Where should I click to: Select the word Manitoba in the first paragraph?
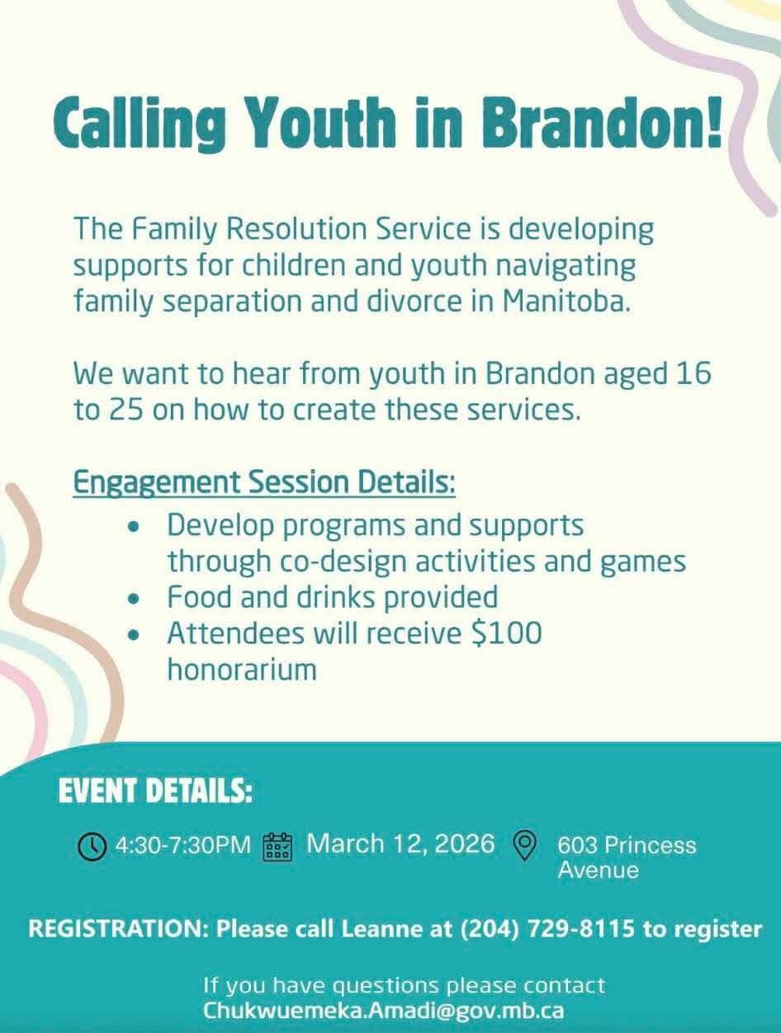566,301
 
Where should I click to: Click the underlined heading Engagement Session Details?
264,482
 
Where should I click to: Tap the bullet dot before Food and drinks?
134,599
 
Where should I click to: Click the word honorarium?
242,669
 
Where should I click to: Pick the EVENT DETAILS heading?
156,791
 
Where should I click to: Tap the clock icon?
92,847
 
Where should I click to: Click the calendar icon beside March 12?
277,847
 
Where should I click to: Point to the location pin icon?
525,846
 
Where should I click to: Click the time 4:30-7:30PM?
183,846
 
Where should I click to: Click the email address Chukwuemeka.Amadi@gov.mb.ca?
383,1011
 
